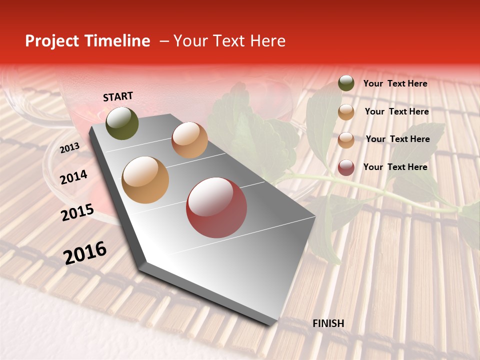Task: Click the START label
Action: (118, 96)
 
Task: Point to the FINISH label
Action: (328, 323)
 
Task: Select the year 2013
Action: (69, 148)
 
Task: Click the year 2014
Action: (73, 177)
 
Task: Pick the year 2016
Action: (84, 253)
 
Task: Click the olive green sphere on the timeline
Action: (122, 123)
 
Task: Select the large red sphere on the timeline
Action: (216, 207)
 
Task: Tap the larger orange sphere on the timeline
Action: (145, 180)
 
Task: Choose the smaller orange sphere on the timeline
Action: (189, 140)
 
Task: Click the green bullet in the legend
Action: (346, 83)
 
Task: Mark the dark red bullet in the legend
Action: (346, 167)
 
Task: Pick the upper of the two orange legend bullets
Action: (346, 112)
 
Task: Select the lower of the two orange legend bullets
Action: (346, 140)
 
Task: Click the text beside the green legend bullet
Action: (395, 83)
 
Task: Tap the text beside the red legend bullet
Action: (395, 167)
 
